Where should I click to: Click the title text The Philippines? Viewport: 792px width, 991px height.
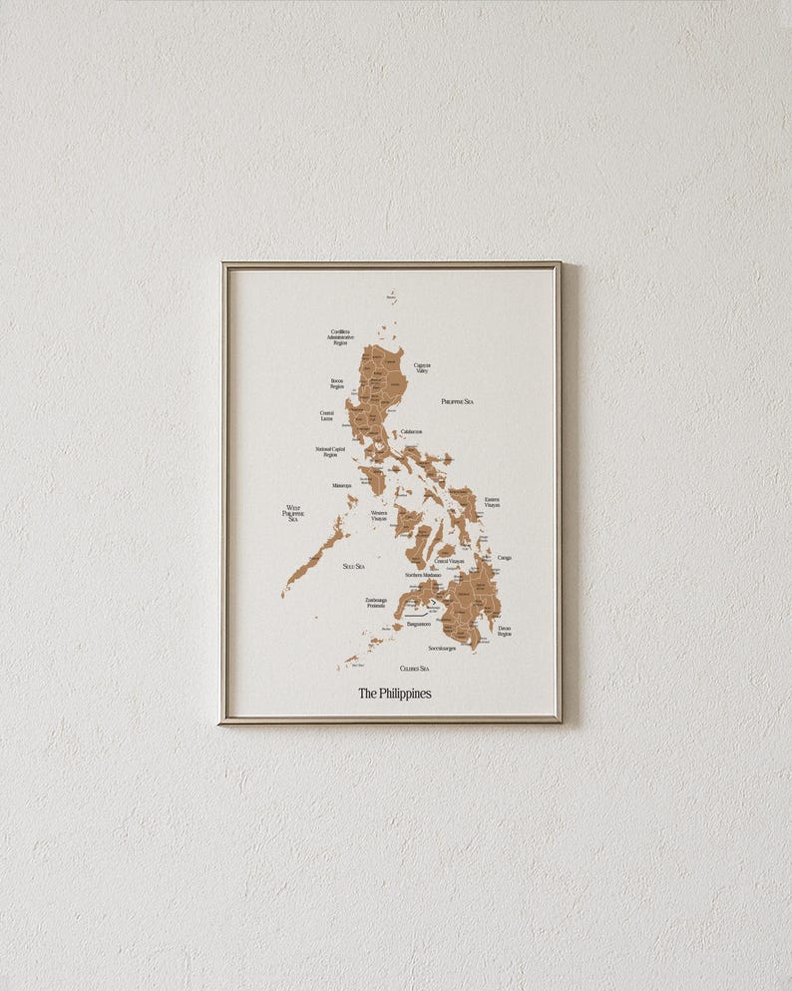[395, 693]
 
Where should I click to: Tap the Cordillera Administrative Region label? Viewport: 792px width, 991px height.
[340, 337]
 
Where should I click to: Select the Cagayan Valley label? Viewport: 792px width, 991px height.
[422, 368]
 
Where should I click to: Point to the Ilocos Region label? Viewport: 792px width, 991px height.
[337, 383]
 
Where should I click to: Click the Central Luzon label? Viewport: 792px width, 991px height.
[327, 415]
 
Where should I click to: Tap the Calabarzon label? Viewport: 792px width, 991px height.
[411, 432]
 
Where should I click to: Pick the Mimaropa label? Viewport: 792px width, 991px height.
[342, 486]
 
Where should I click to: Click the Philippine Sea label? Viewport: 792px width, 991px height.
[457, 401]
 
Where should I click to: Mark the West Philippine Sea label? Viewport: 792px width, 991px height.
[293, 513]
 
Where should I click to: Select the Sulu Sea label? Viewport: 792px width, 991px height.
[353, 566]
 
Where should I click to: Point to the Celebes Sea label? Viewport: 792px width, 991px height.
[414, 668]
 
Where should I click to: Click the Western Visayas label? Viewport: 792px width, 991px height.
[379, 516]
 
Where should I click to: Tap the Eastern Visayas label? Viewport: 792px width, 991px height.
[492, 502]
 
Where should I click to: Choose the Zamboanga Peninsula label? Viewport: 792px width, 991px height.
[375, 603]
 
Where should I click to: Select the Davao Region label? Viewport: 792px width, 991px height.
[504, 631]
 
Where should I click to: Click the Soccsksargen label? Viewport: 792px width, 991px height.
[442, 648]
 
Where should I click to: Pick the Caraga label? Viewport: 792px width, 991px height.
[504, 558]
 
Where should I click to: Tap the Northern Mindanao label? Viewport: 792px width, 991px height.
[423, 575]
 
